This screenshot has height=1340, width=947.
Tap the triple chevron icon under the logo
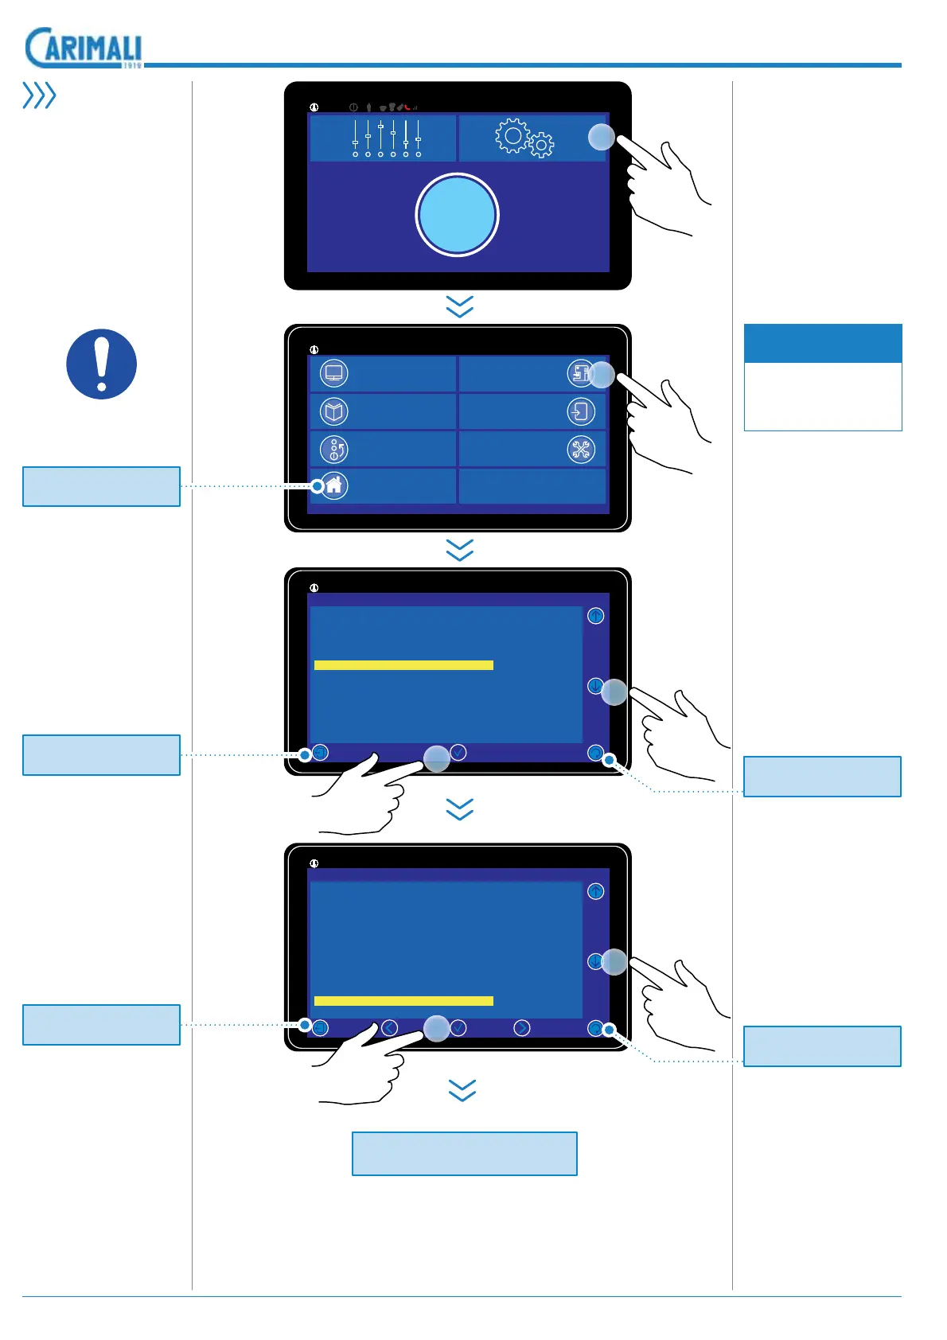(x=39, y=95)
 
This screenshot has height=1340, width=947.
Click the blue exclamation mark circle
(x=101, y=364)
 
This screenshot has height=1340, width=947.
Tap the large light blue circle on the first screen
(x=457, y=215)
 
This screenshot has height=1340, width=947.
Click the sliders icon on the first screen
(x=386, y=138)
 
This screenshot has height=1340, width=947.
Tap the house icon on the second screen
(x=333, y=485)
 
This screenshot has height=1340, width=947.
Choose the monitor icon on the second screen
(x=333, y=372)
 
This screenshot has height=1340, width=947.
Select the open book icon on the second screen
(x=333, y=411)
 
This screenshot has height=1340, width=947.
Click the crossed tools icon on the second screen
(x=581, y=450)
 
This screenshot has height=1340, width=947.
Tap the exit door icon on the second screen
(x=581, y=411)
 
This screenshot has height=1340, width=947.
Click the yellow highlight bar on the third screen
(x=403, y=665)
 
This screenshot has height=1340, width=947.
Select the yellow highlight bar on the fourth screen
(x=403, y=1001)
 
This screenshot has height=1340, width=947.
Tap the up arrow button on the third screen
(x=595, y=616)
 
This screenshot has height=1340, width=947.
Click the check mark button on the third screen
(x=458, y=752)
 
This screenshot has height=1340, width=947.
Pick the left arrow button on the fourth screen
(x=389, y=1028)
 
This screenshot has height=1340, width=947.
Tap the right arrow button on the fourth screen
(x=521, y=1028)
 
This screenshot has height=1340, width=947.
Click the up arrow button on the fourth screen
(x=595, y=891)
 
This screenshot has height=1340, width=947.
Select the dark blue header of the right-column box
(x=823, y=344)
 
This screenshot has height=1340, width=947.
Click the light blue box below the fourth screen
(x=464, y=1154)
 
